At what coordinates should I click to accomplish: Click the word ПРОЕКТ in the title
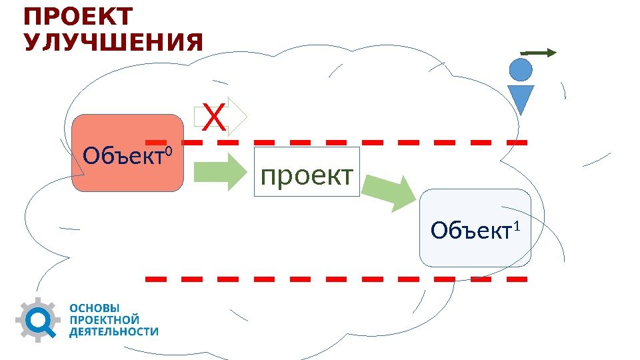click(78, 17)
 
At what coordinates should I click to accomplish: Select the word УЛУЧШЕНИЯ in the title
click(113, 43)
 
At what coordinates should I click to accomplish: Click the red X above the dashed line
click(213, 119)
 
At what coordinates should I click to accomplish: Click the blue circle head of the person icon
click(521, 69)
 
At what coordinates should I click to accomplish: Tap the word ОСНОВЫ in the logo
click(95, 309)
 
